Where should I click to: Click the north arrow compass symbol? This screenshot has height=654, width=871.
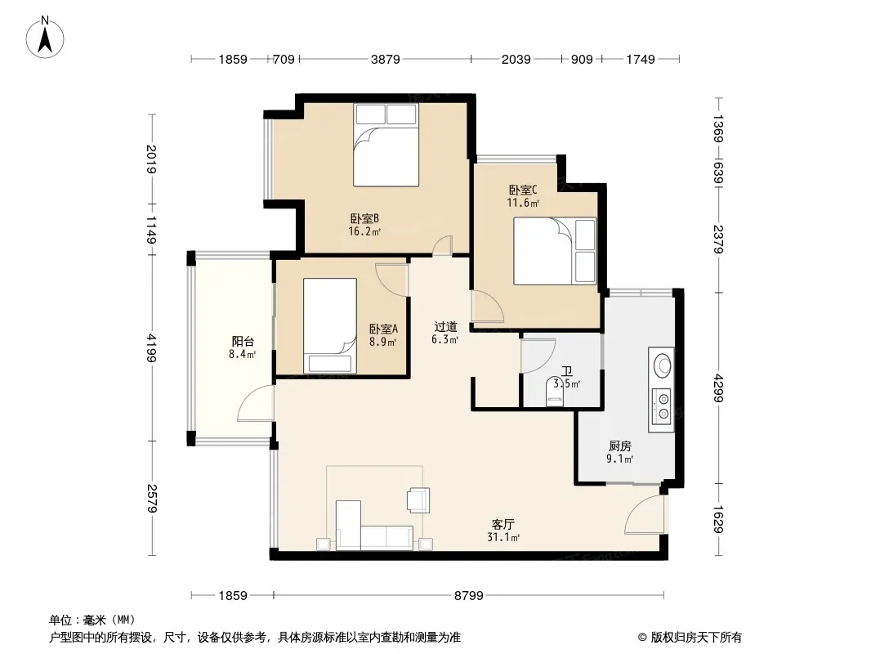(45, 38)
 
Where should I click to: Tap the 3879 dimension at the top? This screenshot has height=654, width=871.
(385, 60)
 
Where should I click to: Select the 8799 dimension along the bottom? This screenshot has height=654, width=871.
(469, 596)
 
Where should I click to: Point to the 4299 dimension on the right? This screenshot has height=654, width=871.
(719, 387)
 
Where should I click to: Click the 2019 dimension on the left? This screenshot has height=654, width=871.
(151, 159)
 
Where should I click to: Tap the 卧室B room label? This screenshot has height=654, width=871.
(364, 218)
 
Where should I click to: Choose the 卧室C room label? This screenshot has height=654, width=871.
(523, 190)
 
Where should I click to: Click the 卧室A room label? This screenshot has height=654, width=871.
(383, 329)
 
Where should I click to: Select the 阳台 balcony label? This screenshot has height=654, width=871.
(243, 341)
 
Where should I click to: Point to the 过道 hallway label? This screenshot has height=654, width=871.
(445, 327)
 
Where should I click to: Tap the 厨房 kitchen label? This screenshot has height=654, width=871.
(620, 446)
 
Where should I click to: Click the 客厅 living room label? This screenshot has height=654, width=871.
(503, 524)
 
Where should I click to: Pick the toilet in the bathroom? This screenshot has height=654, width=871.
(554, 392)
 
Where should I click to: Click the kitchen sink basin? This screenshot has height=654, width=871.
(662, 365)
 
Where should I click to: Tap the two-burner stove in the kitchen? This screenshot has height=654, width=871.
(662, 405)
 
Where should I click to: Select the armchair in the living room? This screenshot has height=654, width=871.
(418, 499)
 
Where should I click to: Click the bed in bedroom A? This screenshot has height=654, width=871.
(330, 325)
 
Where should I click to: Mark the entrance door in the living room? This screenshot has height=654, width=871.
(645, 514)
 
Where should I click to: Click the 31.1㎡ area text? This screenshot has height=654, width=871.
(503, 537)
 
